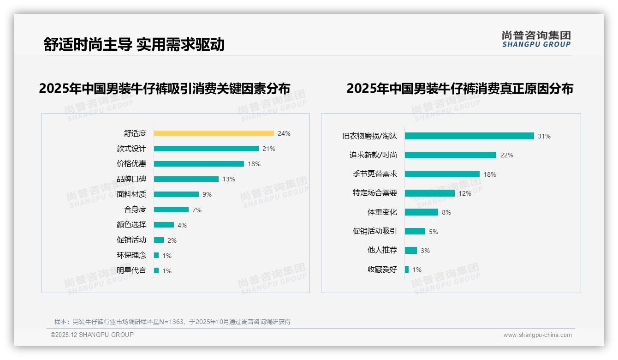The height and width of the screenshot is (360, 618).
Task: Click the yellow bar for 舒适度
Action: point(214,133)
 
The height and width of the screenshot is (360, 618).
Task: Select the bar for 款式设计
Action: point(206,149)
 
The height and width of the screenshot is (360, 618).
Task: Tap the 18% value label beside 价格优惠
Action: point(254,164)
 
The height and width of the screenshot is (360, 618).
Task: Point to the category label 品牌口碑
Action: point(131,179)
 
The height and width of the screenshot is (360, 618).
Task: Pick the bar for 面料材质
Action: point(176,194)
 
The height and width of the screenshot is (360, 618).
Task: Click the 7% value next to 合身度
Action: point(197,210)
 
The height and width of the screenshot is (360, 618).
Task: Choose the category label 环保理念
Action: point(131,255)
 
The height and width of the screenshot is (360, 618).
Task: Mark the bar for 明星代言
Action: point(156,270)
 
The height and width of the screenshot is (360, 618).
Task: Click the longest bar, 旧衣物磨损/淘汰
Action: point(469,136)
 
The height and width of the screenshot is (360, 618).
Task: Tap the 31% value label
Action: point(544,136)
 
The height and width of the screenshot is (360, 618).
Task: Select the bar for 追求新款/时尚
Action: point(450,155)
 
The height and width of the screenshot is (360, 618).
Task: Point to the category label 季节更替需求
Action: point(375,174)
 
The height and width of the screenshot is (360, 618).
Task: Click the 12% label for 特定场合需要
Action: point(465,193)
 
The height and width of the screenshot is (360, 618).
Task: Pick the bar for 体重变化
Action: point(421,212)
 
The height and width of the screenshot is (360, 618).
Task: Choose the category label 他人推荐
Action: point(382,250)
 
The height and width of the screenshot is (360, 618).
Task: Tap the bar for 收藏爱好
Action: point(407,270)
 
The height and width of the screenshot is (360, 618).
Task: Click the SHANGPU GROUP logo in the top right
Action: point(536,39)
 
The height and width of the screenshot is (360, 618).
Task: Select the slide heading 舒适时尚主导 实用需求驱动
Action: point(134,44)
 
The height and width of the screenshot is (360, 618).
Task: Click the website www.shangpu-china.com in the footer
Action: point(537,335)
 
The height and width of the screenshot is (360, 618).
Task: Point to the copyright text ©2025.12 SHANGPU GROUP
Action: point(92,335)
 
